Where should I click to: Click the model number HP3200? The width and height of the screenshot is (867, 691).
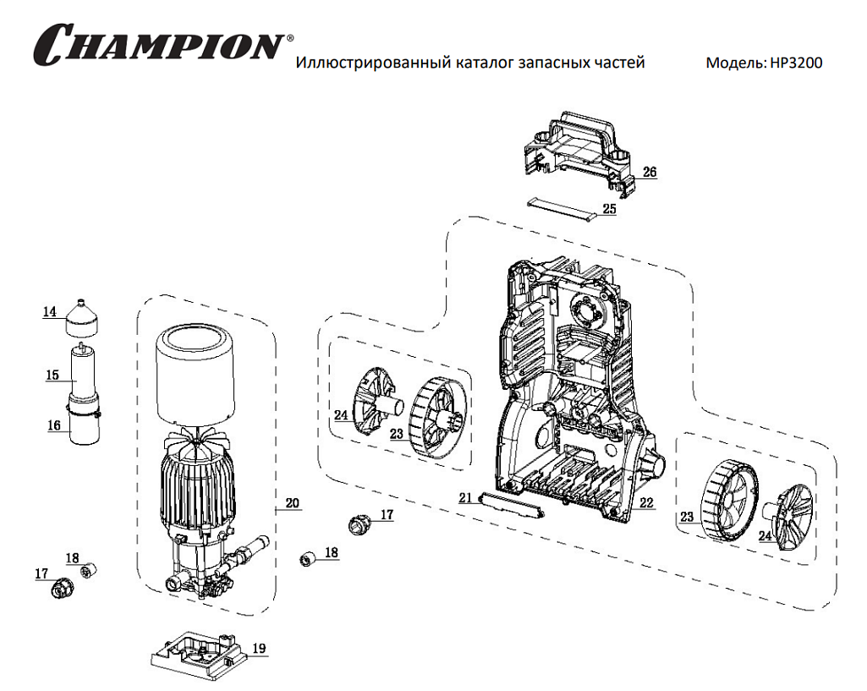click(796, 63)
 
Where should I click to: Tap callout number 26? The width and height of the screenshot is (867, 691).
click(649, 172)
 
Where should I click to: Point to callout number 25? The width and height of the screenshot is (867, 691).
click(609, 208)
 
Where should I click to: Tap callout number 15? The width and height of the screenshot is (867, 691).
click(52, 375)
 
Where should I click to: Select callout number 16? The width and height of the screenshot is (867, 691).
click(54, 425)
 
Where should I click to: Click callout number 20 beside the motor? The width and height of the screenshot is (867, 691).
click(292, 503)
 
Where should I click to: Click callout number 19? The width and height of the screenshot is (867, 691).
click(258, 649)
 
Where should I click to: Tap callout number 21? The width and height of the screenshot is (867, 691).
click(465, 498)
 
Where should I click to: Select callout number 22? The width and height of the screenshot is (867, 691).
click(646, 502)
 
